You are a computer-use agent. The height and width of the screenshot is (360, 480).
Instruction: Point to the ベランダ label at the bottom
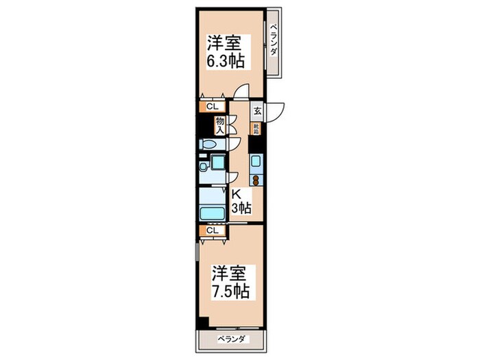click(231, 340)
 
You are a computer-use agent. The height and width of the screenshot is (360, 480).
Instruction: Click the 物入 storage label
click(220, 124)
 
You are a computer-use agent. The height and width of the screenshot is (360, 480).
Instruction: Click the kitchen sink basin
click(255, 162)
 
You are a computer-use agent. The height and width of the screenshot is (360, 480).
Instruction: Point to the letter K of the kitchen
click(235, 195)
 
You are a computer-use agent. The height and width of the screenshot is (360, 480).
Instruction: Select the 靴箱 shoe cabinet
click(256, 127)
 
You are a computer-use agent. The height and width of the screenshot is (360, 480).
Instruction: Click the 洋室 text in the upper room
click(224, 41)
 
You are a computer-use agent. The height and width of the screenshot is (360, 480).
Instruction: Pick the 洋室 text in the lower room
click(228, 272)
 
